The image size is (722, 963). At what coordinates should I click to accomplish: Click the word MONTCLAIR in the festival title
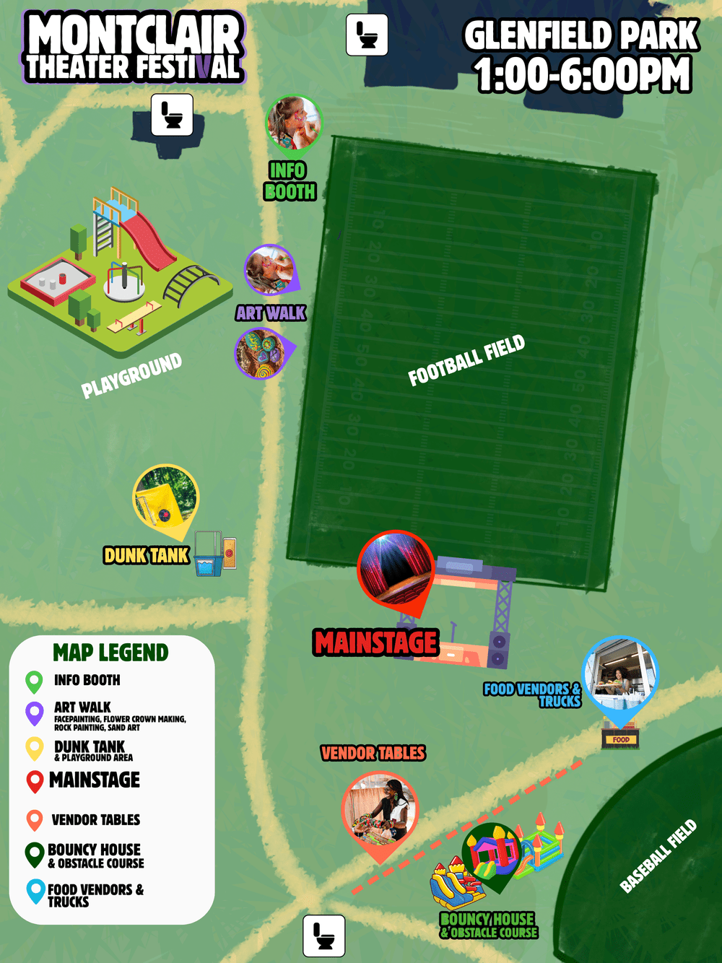[134, 35]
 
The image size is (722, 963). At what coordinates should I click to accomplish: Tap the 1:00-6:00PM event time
[583, 75]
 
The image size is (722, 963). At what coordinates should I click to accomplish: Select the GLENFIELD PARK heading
[581, 35]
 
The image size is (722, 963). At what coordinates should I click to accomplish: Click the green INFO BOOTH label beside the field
[290, 181]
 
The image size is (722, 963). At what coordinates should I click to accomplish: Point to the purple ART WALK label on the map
[271, 313]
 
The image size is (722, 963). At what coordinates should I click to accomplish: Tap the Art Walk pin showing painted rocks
[261, 353]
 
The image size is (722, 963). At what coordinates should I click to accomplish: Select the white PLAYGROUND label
[131, 375]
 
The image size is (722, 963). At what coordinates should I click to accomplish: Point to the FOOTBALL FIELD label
[466, 361]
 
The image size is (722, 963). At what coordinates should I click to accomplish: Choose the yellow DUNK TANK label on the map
[147, 555]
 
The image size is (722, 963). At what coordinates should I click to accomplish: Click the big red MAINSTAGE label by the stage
[376, 642]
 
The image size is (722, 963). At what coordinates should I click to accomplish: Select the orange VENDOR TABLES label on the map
[373, 754]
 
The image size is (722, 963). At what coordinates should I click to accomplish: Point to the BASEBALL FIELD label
[658, 856]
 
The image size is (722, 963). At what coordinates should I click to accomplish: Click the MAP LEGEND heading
[110, 653]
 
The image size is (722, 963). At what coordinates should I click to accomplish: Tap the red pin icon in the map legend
[35, 781]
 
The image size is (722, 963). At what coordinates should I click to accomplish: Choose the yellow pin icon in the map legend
[35, 748]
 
